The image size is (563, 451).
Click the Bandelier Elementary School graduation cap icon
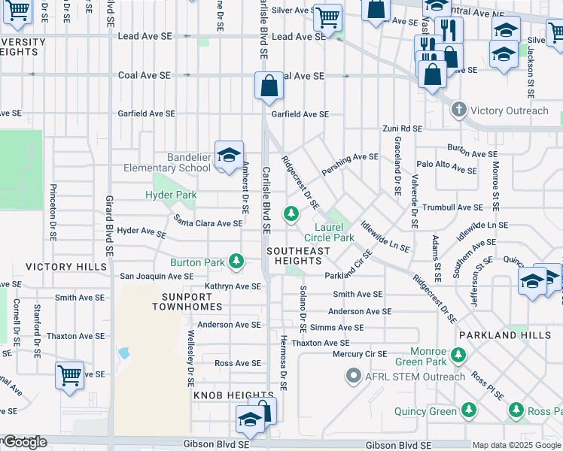229,155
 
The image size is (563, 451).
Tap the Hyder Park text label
171,195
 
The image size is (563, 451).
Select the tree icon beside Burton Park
237,262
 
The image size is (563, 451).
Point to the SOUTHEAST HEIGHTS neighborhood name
297,256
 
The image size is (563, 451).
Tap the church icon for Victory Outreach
459,110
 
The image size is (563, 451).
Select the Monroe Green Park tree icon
458,355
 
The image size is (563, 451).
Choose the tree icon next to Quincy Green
468,410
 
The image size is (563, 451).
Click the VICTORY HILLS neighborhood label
60,267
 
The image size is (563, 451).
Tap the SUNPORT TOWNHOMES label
187,301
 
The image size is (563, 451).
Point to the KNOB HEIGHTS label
224,395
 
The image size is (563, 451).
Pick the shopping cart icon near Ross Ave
69,374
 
